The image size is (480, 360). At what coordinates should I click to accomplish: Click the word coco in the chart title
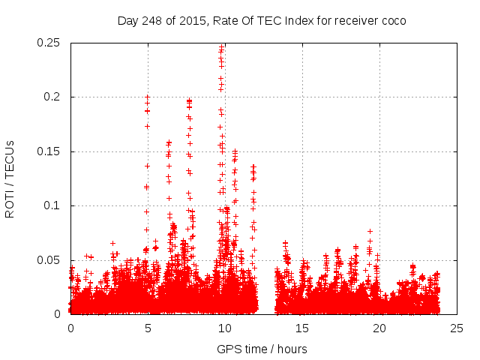pos(392,21)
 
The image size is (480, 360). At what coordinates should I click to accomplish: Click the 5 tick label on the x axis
pos(148,328)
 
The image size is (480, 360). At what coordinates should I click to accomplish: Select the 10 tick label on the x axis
pos(225,328)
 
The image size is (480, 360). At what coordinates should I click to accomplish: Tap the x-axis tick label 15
pos(302,328)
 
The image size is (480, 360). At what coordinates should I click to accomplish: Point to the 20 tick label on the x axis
pos(379,328)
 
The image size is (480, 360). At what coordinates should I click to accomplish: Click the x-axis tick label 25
pos(457,328)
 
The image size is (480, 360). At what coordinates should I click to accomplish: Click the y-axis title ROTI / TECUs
pos(10,178)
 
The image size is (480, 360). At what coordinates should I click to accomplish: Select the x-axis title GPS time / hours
pos(262,349)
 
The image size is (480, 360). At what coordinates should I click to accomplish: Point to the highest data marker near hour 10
pos(222,47)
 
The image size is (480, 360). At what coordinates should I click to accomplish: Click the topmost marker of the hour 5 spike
pos(148,97)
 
